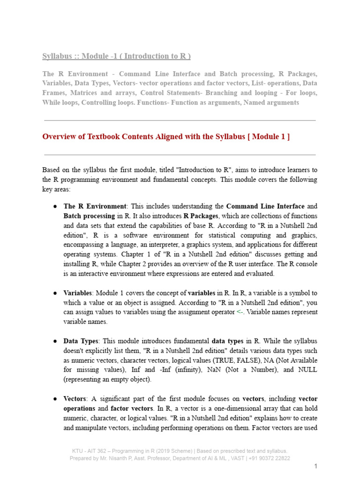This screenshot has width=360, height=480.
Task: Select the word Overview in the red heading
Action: click(x=59, y=137)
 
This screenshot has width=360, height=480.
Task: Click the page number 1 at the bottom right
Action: click(x=316, y=466)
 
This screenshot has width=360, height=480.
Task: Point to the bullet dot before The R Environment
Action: click(x=55, y=206)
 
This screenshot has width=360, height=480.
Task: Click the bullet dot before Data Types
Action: click(x=55, y=341)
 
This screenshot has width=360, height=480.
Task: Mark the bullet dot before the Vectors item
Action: click(x=55, y=399)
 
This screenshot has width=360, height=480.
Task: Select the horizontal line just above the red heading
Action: click(x=180, y=120)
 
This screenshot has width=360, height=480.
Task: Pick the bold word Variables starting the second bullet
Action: click(x=77, y=293)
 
